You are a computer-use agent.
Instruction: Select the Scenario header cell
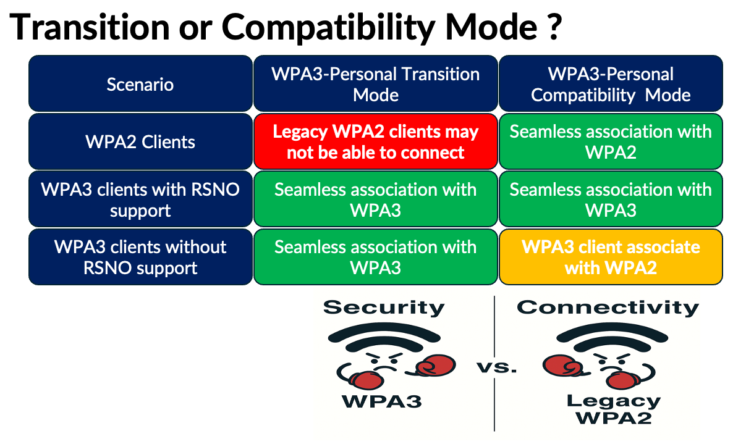140,84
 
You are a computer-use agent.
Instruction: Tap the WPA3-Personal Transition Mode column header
375,84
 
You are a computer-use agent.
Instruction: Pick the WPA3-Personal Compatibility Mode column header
611,84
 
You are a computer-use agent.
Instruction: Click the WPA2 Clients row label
140,141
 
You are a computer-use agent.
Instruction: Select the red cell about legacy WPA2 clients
375,141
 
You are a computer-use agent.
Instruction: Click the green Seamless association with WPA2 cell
611,141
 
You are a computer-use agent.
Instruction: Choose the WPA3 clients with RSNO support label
140,199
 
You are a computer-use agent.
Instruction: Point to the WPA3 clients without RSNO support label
140,257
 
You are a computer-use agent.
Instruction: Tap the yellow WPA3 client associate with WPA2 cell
611,257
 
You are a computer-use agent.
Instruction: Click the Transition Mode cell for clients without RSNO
375,257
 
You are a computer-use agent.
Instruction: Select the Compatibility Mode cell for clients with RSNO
611,199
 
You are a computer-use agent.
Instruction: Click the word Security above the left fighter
384,307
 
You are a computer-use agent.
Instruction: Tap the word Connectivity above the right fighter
608,307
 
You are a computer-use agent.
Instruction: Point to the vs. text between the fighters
496,368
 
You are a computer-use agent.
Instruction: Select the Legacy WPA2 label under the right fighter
613,409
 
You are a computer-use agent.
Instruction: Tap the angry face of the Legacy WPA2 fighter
612,365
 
